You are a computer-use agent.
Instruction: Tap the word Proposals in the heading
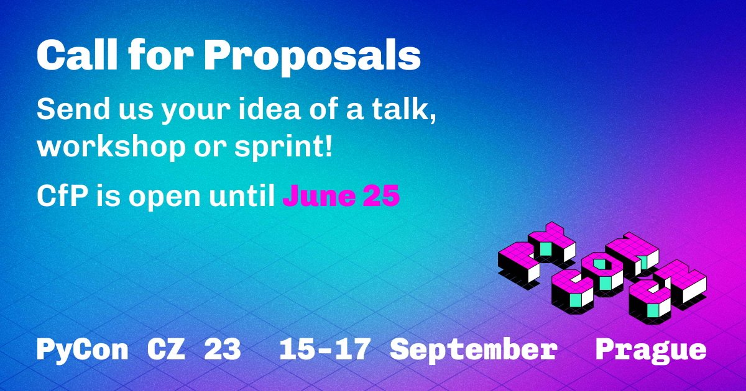point(312,58)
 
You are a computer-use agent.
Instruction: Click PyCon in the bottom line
point(82,350)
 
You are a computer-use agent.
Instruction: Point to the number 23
point(222,350)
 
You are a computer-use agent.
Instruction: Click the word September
point(473,350)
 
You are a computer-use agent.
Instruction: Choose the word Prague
point(651,350)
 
